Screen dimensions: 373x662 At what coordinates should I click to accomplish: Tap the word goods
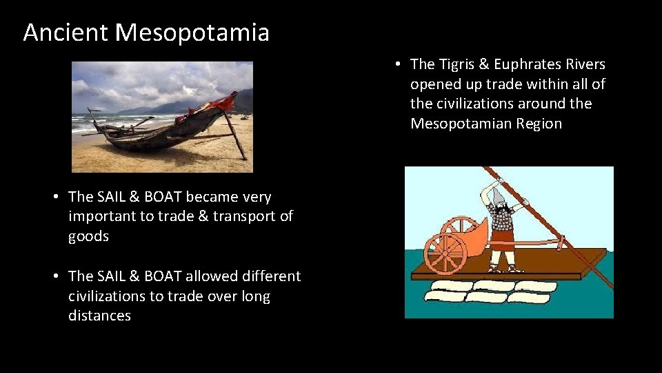88,236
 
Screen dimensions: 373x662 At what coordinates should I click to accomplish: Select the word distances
99,316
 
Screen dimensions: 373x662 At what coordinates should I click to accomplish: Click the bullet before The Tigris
399,64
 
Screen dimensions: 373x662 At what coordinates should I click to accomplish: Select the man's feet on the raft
501,268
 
